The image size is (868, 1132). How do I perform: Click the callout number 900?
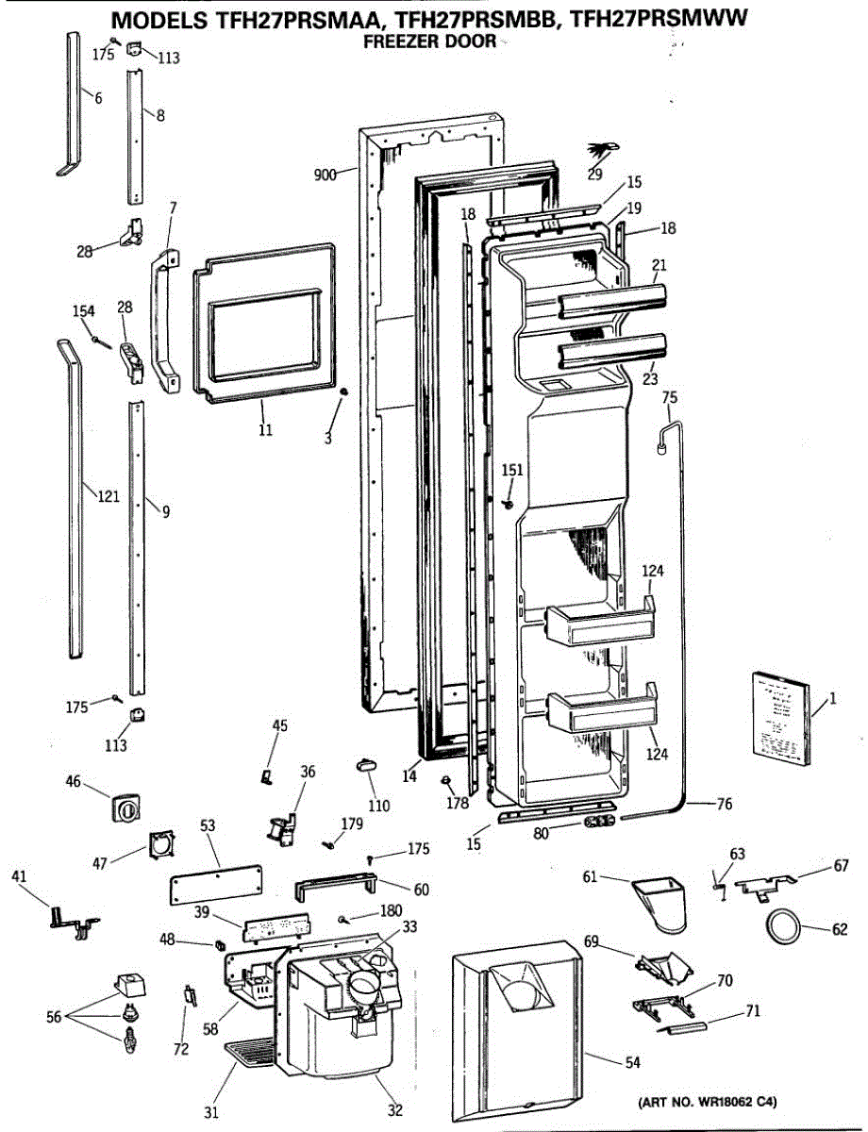click(325, 175)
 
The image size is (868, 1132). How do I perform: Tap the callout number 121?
click(108, 496)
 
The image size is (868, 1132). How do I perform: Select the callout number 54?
click(632, 1062)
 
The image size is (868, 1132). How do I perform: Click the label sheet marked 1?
click(779, 716)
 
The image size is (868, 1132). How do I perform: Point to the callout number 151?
click(511, 470)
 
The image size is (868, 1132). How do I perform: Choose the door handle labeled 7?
click(161, 322)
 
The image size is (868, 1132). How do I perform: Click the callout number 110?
click(378, 806)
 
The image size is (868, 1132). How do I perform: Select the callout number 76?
click(724, 804)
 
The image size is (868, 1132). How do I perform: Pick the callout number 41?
click(20, 876)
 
